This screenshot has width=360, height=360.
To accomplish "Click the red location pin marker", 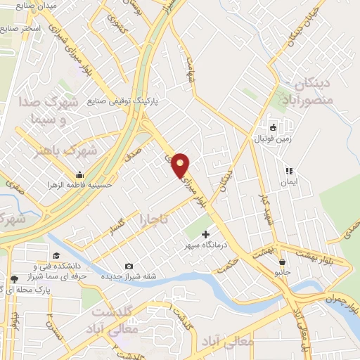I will coord(181,165).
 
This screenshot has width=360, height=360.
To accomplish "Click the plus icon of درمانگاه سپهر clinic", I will coord(205,233).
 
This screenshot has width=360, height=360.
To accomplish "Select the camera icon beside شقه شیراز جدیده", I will coord(129,266).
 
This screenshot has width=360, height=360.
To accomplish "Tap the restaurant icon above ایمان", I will coord(288,170).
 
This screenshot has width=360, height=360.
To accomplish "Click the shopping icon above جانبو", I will coord(282,262).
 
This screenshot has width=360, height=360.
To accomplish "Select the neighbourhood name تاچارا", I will coord(153,219).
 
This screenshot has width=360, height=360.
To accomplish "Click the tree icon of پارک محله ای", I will coord(13,280).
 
